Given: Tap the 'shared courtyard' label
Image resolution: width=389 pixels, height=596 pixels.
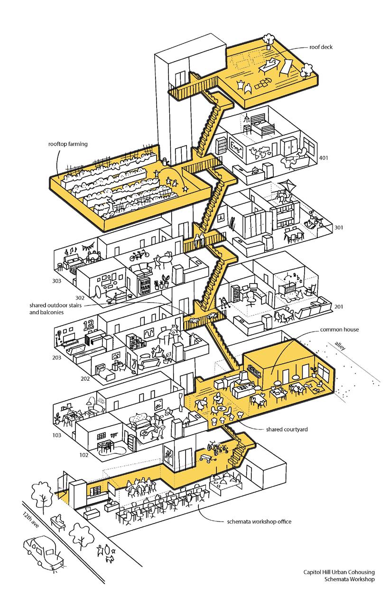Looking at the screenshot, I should tap(288, 429).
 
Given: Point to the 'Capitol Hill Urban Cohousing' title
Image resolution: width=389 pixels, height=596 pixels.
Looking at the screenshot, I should tap(339, 572).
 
